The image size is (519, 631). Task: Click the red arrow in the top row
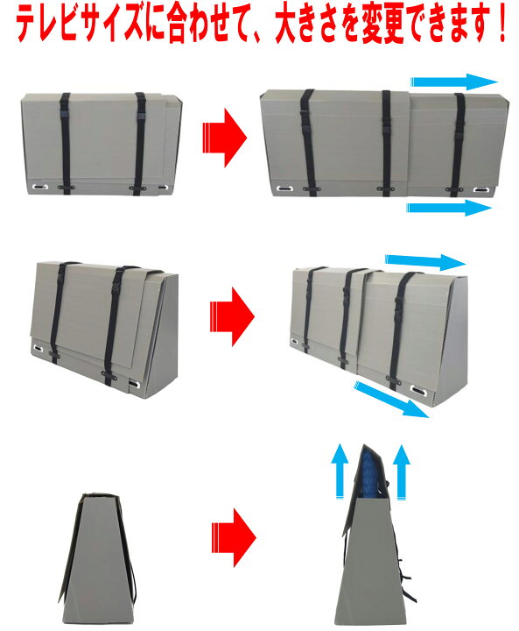pos(224,138)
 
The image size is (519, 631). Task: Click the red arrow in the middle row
pos(232,316)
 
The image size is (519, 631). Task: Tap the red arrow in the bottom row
pos(234,537)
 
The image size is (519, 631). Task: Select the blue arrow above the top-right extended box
pos(454,82)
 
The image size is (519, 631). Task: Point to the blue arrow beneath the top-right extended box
pos(449,208)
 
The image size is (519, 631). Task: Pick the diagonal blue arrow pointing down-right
pos(391,400)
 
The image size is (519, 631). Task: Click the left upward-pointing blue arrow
pos(340,471)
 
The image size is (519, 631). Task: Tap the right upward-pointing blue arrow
pos(401,471)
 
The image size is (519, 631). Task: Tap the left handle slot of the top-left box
pos(40,187)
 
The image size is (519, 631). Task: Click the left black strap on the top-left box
pos(66,144)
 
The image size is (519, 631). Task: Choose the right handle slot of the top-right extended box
pos(480,189)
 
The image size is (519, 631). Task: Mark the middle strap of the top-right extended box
pos(386,143)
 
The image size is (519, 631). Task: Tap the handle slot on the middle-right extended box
pos(417,390)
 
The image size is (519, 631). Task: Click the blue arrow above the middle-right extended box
pos(425,262)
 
